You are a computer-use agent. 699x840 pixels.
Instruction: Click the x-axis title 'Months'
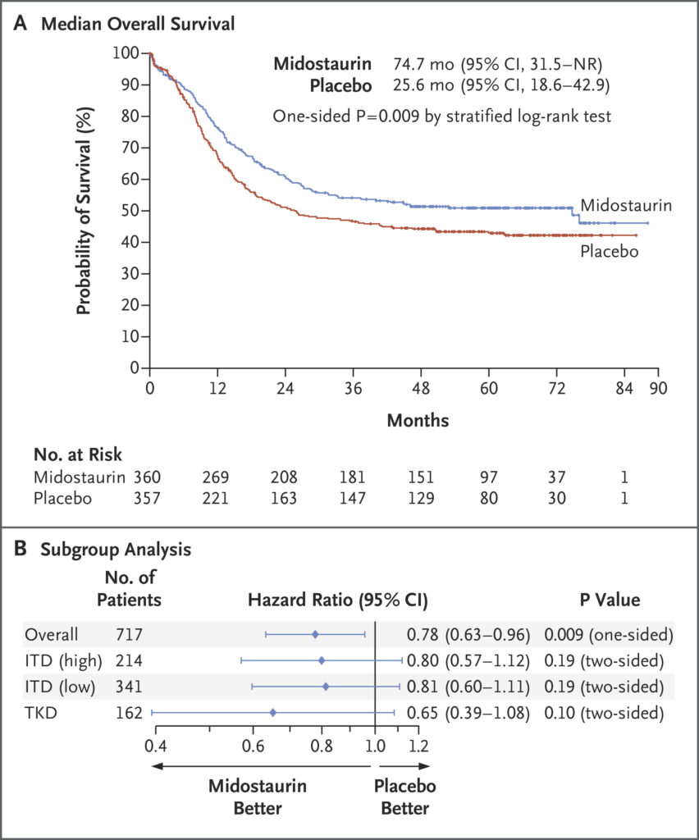click(x=418, y=420)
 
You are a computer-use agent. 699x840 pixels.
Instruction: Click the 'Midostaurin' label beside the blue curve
click(x=626, y=205)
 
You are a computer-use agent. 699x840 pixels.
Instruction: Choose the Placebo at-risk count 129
click(x=420, y=499)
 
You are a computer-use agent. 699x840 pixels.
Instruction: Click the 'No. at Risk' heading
click(x=78, y=454)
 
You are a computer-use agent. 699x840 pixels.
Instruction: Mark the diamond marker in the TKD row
click(x=273, y=713)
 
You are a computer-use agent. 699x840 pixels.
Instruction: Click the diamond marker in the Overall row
click(x=315, y=634)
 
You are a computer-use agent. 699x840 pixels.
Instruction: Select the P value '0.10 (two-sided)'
click(x=603, y=713)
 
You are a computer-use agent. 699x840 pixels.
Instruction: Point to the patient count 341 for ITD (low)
click(x=132, y=687)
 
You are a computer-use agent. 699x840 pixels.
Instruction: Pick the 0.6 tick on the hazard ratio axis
click(x=267, y=746)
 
